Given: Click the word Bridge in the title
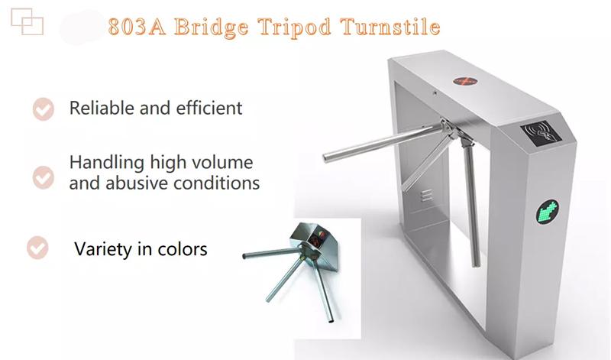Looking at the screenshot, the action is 211,28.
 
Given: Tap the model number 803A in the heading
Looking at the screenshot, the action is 137,27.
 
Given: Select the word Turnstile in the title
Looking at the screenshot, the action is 390,27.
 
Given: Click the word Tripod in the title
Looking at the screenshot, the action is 294,28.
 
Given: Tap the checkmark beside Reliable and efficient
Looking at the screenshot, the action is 44,109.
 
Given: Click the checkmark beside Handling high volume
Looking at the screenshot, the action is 44,177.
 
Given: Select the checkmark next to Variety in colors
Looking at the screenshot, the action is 37,248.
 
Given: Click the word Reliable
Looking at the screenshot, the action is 102,108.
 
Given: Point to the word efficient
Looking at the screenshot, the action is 209,108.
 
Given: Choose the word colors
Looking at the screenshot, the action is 183,249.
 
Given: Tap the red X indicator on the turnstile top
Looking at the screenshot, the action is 465,81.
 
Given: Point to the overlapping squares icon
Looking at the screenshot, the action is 27,22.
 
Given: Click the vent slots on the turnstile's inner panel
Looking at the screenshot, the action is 427,195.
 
